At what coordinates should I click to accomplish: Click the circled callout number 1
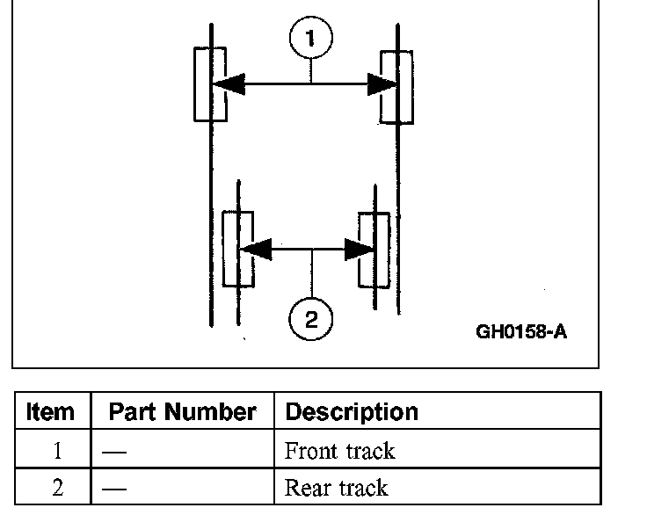click(311, 39)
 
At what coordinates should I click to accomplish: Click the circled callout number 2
click(311, 318)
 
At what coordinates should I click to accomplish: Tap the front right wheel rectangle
click(396, 86)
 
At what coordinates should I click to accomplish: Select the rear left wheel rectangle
click(238, 249)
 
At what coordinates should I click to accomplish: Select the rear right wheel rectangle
click(374, 249)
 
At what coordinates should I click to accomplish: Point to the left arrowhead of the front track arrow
click(227, 84)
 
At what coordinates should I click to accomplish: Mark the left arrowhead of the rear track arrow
click(255, 249)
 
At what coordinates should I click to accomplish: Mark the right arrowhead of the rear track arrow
click(360, 249)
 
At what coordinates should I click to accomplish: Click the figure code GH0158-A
click(521, 332)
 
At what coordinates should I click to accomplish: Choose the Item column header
click(51, 412)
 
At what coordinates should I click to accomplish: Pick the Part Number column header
click(182, 412)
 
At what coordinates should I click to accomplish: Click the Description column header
click(352, 412)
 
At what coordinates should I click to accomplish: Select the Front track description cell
click(339, 452)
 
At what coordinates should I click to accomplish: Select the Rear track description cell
click(336, 487)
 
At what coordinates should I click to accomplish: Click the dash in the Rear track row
click(113, 488)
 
